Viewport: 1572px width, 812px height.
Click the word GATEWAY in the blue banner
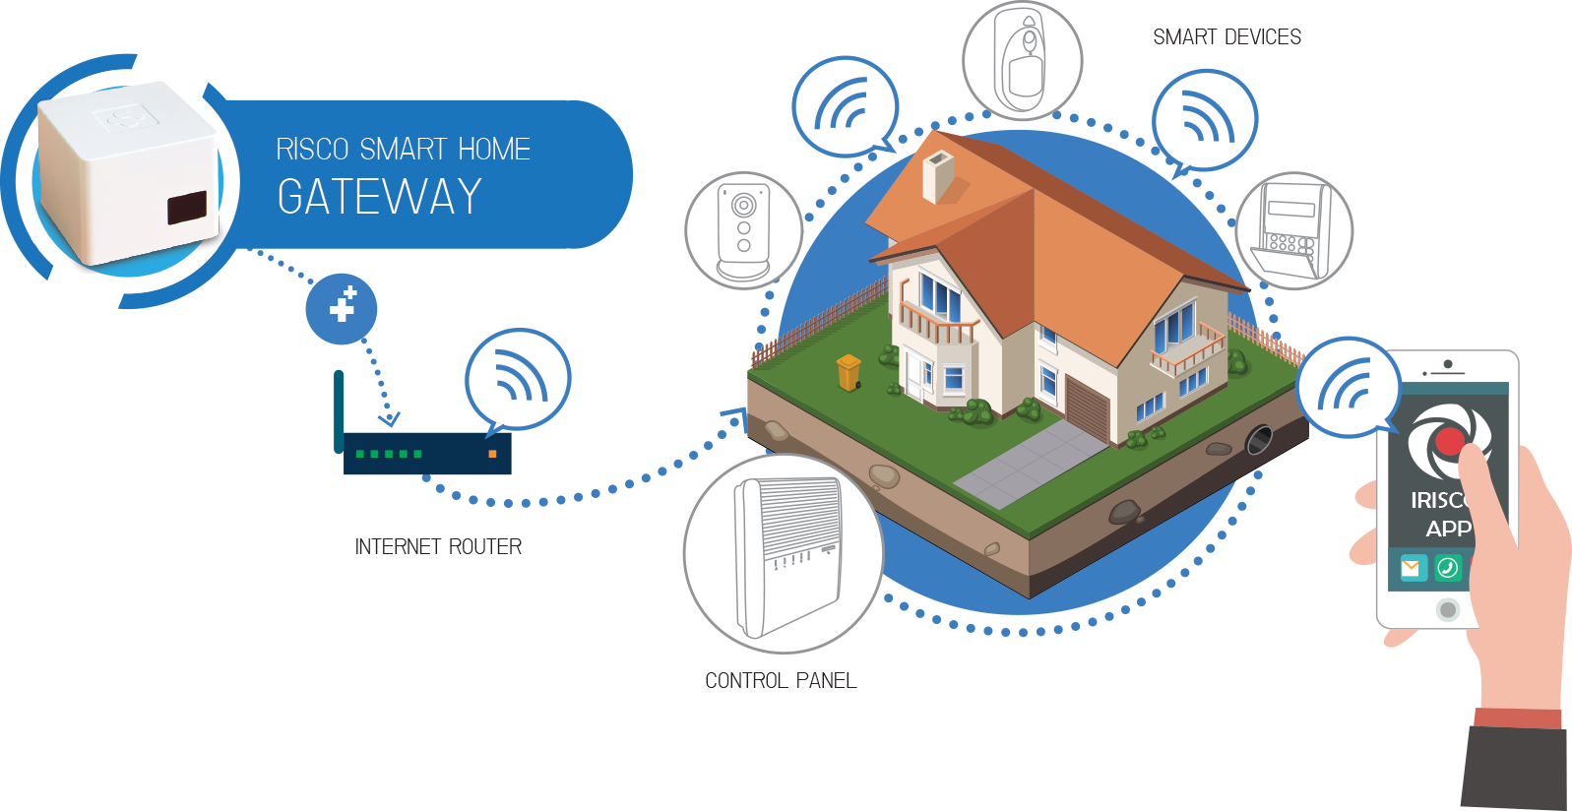380,197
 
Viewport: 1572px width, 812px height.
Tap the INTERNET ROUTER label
438,547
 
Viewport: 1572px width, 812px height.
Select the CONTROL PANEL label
781,681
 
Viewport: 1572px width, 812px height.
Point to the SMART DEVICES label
1226,37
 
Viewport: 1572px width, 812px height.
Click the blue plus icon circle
341,308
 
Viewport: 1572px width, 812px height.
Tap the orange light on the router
492,454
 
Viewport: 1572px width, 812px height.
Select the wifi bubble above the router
518,378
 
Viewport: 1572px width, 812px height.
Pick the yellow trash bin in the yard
849,372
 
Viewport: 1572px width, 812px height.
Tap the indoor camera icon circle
743,230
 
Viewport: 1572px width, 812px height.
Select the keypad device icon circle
1293,231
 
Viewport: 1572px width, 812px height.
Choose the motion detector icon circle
1022,61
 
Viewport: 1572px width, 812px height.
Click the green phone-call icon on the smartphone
1447,568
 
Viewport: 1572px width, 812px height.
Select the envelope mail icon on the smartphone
1412,568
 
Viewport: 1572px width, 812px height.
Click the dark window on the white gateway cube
187,208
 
